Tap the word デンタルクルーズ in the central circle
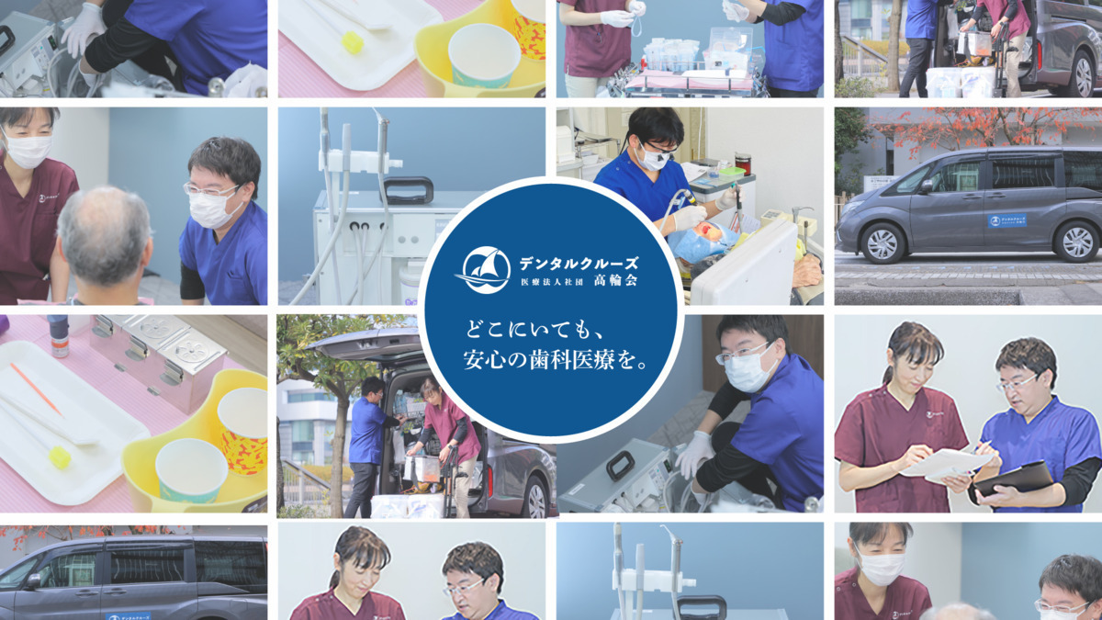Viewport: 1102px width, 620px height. tap(579, 264)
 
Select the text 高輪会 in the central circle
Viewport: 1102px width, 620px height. tap(615, 281)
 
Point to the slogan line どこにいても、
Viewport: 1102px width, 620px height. tap(534, 330)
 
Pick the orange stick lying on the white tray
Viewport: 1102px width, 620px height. tap(36, 389)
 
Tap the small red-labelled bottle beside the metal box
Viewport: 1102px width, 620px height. tap(59, 335)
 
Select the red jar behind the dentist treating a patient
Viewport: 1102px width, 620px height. tap(743, 163)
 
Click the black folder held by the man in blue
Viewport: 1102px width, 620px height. tap(1015, 479)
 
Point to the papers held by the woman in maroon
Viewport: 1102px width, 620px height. tap(946, 465)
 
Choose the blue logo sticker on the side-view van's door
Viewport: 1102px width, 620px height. tap(1007, 221)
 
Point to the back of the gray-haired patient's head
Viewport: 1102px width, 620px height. tap(104, 235)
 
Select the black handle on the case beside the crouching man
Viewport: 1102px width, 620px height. tap(621, 465)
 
